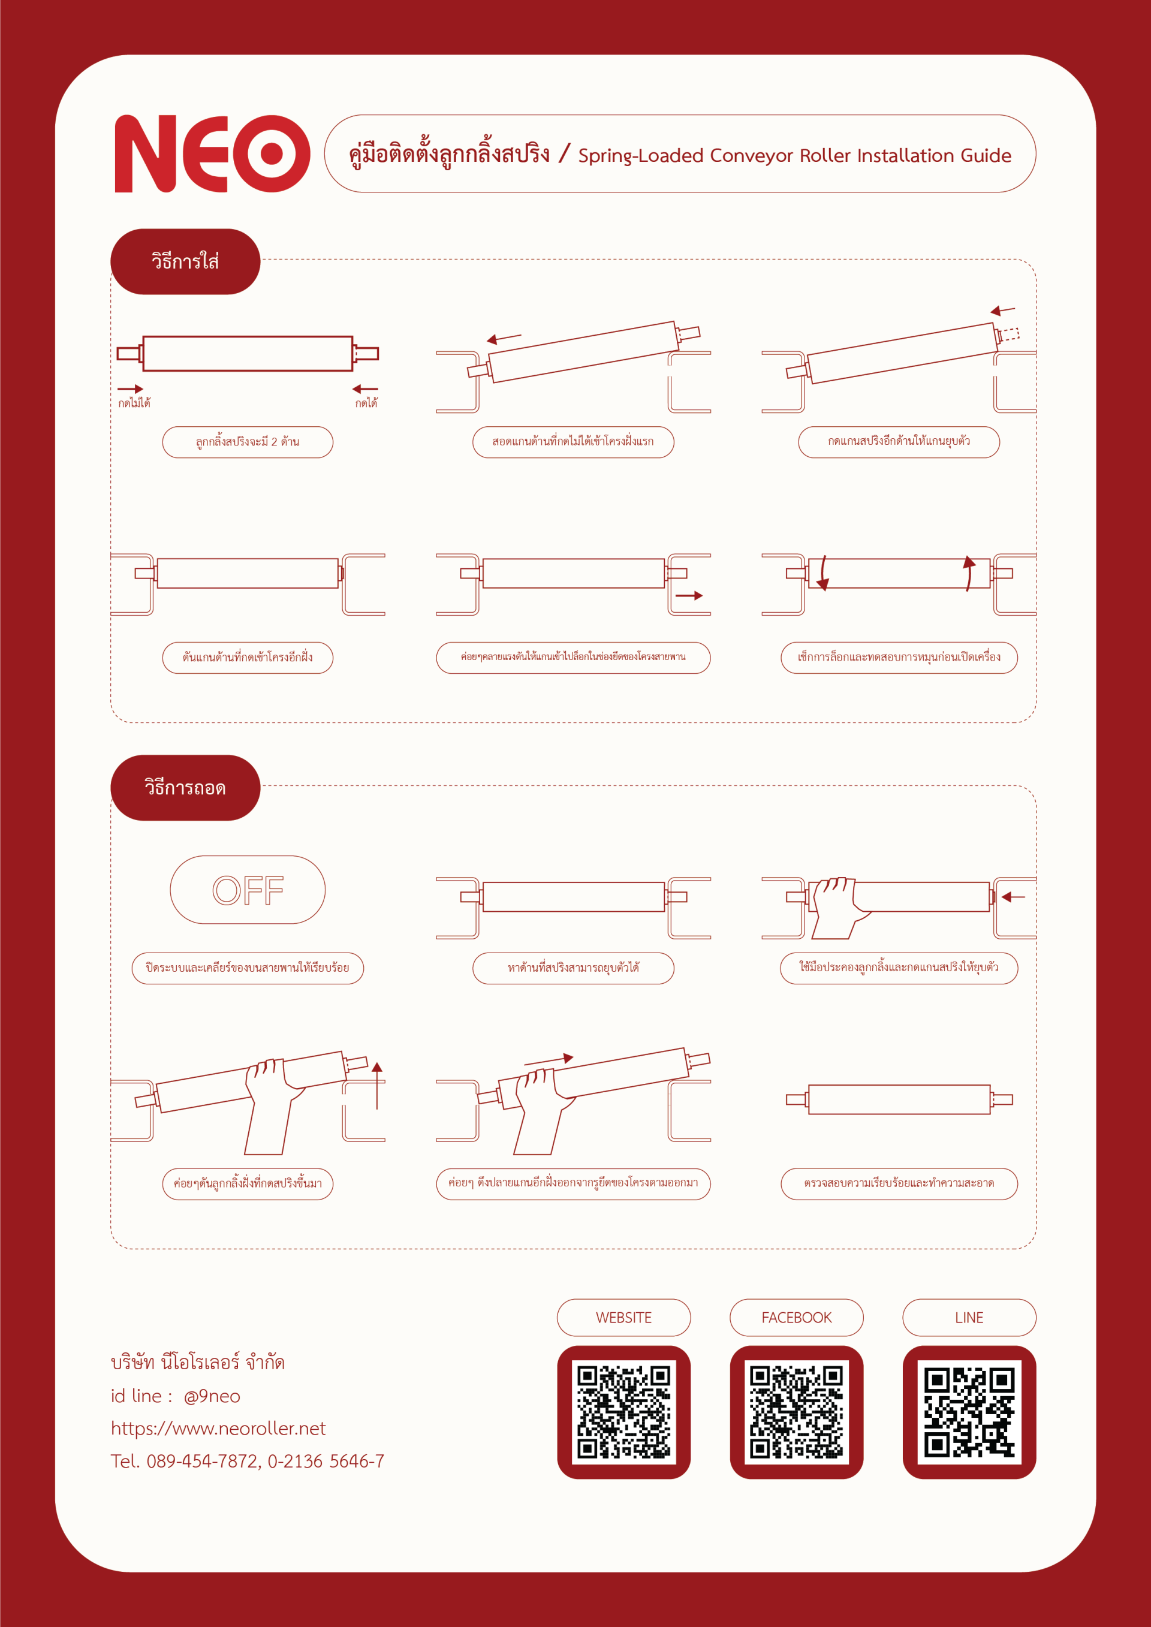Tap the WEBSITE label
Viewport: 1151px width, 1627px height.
click(623, 1317)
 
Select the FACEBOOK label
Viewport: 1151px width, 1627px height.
click(797, 1317)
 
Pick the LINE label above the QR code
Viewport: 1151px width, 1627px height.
click(969, 1317)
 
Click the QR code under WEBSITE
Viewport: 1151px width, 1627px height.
click(623, 1412)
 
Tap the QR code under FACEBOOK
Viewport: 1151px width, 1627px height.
click(797, 1412)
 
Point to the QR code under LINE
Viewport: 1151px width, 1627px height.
click(969, 1412)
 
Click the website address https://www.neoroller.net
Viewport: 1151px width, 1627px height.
click(218, 1429)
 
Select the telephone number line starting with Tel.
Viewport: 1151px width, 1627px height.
click(248, 1461)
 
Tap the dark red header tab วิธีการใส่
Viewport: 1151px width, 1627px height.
click(185, 261)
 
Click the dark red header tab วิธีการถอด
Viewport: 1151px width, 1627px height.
click(185, 788)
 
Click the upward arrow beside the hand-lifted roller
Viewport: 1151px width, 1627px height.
click(377, 1086)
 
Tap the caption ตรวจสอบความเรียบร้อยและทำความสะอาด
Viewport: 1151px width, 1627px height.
click(899, 1183)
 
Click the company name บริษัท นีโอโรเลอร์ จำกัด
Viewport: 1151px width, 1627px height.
click(198, 1363)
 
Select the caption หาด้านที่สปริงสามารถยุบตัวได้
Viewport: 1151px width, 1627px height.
click(573, 968)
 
